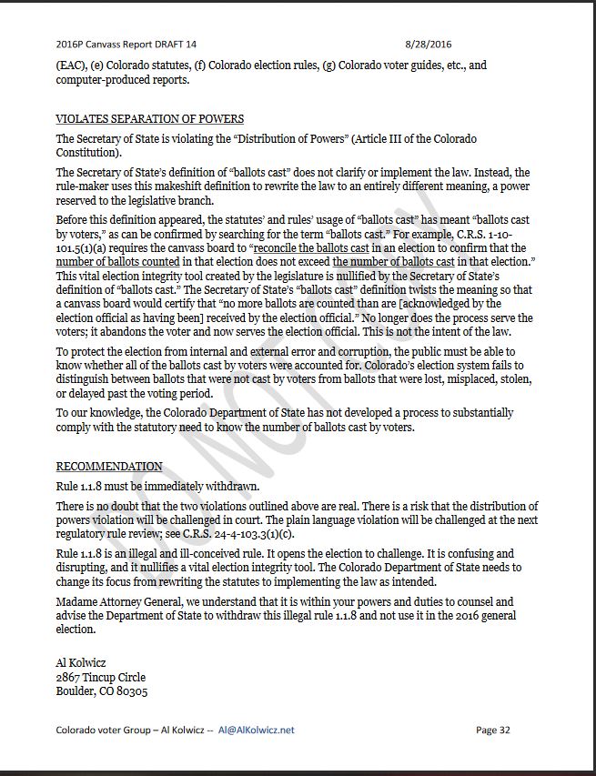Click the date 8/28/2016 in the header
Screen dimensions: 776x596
click(428, 44)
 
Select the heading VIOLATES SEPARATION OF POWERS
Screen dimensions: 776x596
click(149, 119)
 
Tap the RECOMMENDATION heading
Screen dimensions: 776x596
click(109, 467)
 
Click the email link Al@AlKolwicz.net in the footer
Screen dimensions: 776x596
click(257, 730)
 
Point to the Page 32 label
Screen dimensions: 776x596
click(492, 730)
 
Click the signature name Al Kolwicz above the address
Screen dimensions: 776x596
click(82, 663)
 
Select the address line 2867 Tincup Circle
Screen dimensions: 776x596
click(100, 677)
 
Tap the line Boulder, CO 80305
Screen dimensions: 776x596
click(102, 690)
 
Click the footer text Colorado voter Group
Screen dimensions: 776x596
click(103, 730)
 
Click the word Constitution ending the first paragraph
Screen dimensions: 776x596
click(87, 153)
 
